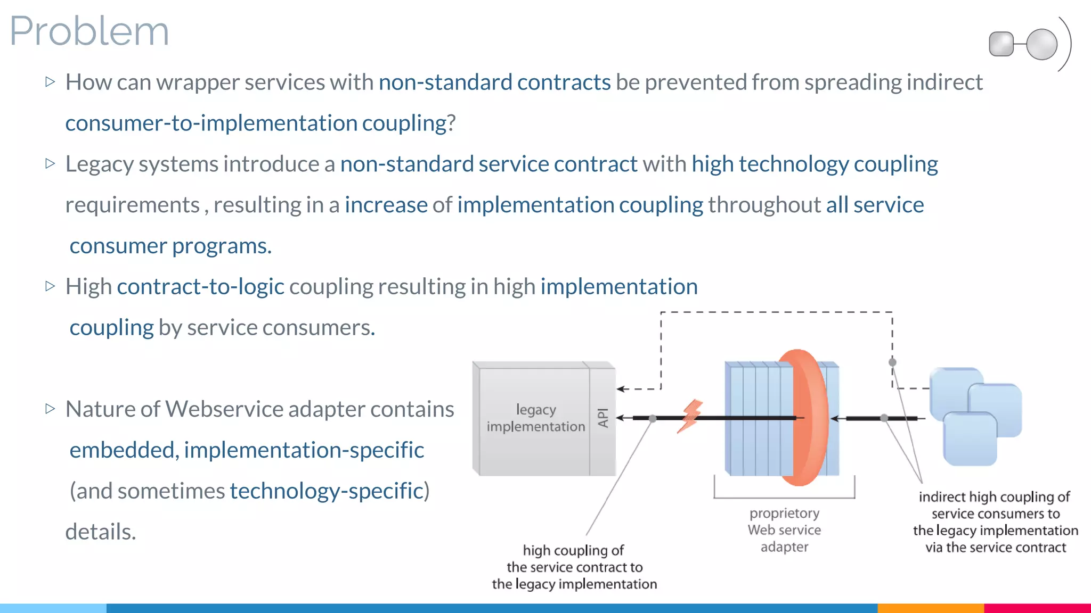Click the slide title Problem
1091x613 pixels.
point(89,31)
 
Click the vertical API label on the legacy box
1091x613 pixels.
point(603,418)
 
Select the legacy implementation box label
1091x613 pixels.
point(536,418)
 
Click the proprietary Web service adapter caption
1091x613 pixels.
point(784,530)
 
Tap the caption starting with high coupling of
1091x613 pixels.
point(574,567)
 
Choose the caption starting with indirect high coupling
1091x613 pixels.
point(995,522)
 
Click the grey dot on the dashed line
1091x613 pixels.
point(892,362)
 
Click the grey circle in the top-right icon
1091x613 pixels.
point(1041,44)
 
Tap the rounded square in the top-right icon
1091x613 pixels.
point(1001,44)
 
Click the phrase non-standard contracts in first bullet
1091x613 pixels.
point(494,82)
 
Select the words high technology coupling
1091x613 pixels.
point(815,164)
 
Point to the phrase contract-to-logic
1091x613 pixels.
point(200,287)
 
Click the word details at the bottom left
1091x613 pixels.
point(101,532)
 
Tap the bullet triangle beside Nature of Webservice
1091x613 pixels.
point(51,409)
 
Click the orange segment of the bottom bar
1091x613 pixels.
point(930,608)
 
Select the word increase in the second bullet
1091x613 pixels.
point(386,205)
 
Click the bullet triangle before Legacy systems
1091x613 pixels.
point(51,163)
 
